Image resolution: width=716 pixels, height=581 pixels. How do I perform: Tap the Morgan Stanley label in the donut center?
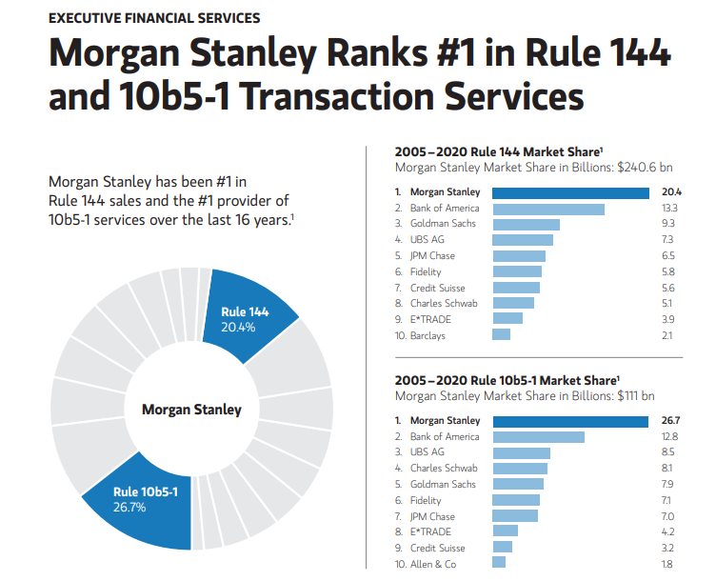click(191, 410)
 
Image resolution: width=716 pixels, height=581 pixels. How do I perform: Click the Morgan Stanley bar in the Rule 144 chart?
click(570, 192)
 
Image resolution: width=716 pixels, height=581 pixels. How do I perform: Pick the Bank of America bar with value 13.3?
click(547, 209)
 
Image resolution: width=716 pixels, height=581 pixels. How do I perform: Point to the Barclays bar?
click(501, 335)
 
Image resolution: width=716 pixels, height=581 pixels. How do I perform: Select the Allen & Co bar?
click(499, 564)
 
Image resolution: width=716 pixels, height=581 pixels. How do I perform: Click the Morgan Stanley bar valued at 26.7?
click(570, 421)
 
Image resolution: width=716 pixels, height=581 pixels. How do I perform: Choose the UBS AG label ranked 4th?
click(428, 240)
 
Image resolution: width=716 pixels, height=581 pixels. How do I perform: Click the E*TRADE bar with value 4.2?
click(505, 531)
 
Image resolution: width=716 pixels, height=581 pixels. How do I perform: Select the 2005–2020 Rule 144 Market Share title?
click(499, 151)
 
